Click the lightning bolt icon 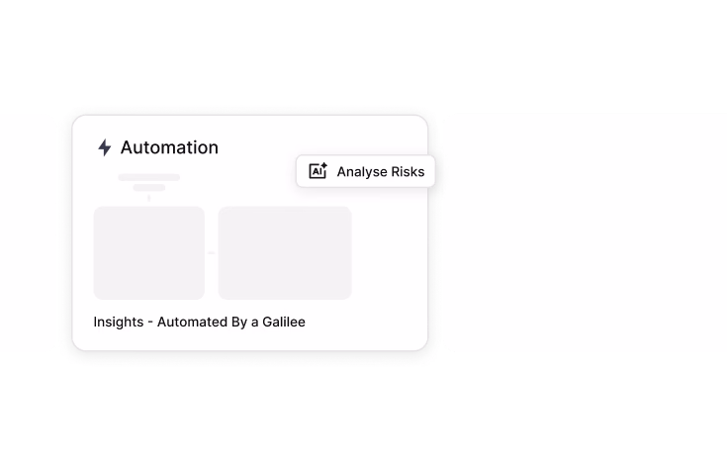tap(105, 147)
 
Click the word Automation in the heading tap(169, 147)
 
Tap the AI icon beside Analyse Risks tap(318, 171)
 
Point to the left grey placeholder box tap(148, 252)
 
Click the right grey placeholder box tap(285, 252)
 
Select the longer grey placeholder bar tap(148, 177)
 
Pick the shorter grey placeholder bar tap(148, 188)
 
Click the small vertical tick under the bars tap(148, 198)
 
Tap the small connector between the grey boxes tap(212, 252)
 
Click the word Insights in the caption tap(119, 322)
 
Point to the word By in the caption tap(239, 323)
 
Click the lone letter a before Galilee tap(254, 323)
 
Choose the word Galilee tap(284, 322)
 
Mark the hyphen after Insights tap(150, 324)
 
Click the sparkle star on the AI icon tap(323, 165)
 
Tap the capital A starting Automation tap(127, 148)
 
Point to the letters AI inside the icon tap(317, 172)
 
